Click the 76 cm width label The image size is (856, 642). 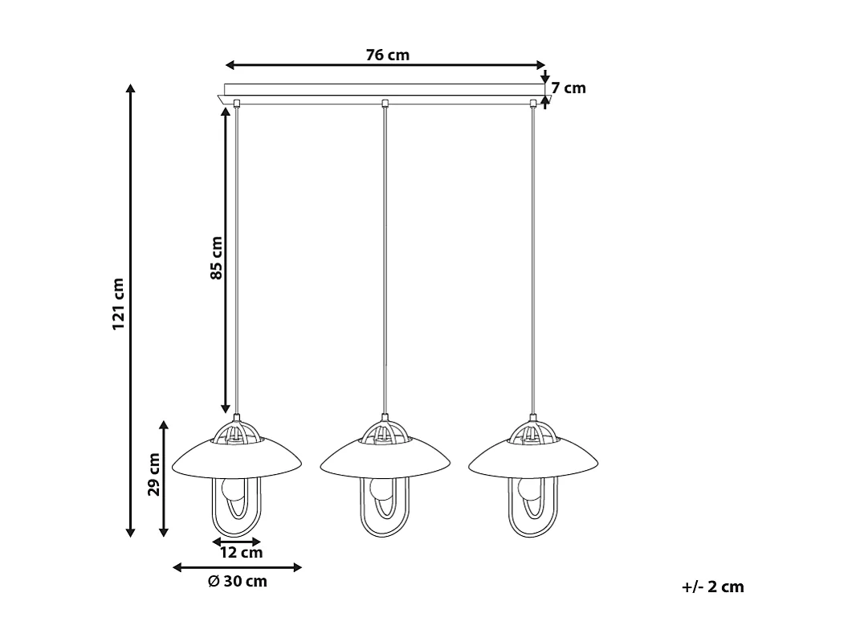[x=387, y=55]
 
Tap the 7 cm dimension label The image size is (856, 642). [x=569, y=88]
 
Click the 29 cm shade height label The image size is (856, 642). [x=153, y=474]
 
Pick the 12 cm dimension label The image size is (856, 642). [x=241, y=553]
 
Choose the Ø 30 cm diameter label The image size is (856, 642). [x=237, y=582]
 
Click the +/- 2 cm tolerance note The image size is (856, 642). [x=712, y=587]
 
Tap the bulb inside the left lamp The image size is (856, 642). [x=233, y=489]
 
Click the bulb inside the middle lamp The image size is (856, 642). [x=381, y=489]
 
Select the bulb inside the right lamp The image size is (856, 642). [x=529, y=489]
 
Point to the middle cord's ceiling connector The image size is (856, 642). [x=385, y=102]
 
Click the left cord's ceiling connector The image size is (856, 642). [x=237, y=102]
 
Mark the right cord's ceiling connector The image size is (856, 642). [x=533, y=102]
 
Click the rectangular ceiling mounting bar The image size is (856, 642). [x=384, y=89]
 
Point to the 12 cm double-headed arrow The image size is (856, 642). [x=237, y=542]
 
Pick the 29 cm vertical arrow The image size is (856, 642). [x=164, y=478]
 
